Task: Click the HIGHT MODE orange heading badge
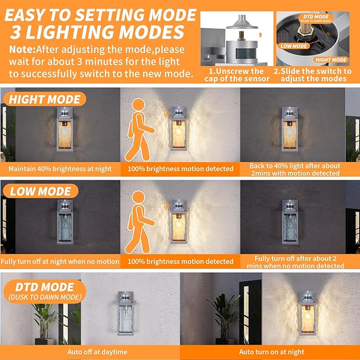[45, 99]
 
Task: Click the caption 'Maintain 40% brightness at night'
[60, 169]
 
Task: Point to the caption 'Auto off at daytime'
[90, 352]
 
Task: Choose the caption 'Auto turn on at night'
[271, 352]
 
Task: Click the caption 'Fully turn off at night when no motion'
[60, 261]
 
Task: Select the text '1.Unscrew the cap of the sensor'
[236, 75]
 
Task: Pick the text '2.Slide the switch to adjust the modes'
[312, 75]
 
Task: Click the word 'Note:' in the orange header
[22, 49]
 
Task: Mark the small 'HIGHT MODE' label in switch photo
[331, 60]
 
